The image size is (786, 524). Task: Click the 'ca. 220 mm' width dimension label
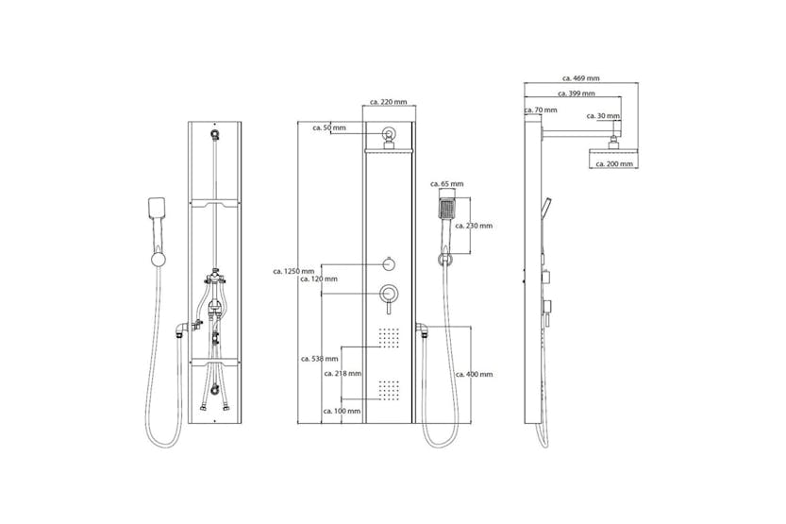point(388,102)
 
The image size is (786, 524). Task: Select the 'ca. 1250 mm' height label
point(293,270)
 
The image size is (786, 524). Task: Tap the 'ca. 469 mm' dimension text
point(581,78)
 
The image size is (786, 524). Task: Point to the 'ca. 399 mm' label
point(576,93)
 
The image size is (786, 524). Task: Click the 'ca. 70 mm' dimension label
point(540,110)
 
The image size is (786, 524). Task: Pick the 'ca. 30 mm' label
point(603,116)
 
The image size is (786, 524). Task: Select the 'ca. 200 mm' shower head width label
point(613,163)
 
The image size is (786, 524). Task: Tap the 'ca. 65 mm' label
point(447,184)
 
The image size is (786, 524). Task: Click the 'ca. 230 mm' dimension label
point(474,226)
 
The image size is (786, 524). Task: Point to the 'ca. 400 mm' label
point(474,375)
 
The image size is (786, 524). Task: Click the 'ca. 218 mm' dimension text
point(343,374)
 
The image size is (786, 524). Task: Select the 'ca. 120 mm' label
point(318,279)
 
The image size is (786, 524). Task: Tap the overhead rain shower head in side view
point(613,149)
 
